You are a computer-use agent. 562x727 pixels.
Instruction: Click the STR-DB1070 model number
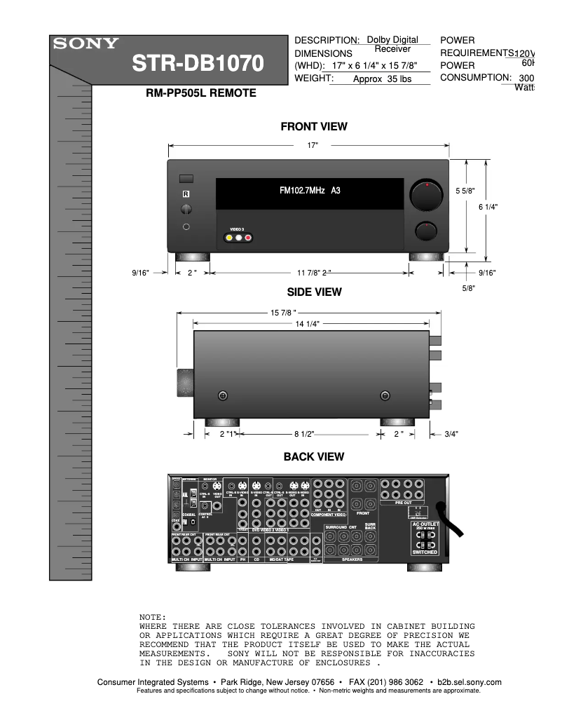(x=200, y=64)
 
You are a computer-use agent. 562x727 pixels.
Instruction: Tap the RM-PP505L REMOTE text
(x=200, y=93)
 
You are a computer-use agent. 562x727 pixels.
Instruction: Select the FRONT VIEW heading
(x=313, y=127)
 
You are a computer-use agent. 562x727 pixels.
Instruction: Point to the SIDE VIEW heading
(x=314, y=292)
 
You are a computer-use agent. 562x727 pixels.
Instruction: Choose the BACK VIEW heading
(x=313, y=457)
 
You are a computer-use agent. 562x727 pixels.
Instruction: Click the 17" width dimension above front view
(x=313, y=145)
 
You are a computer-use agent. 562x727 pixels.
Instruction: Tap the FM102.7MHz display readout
(x=309, y=191)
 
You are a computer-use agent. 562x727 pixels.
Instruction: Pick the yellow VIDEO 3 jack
(x=229, y=238)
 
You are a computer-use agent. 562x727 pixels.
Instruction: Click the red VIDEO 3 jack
(x=248, y=238)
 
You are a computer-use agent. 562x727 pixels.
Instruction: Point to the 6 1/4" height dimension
(x=488, y=207)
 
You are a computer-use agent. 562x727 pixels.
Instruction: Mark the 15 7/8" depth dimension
(x=284, y=312)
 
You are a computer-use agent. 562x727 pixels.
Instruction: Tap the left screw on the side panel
(x=223, y=396)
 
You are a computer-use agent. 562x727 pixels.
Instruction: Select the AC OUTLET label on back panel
(x=425, y=524)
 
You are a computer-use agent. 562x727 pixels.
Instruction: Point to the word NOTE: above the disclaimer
(x=153, y=616)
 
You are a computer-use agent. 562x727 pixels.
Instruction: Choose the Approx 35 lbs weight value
(x=381, y=79)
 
